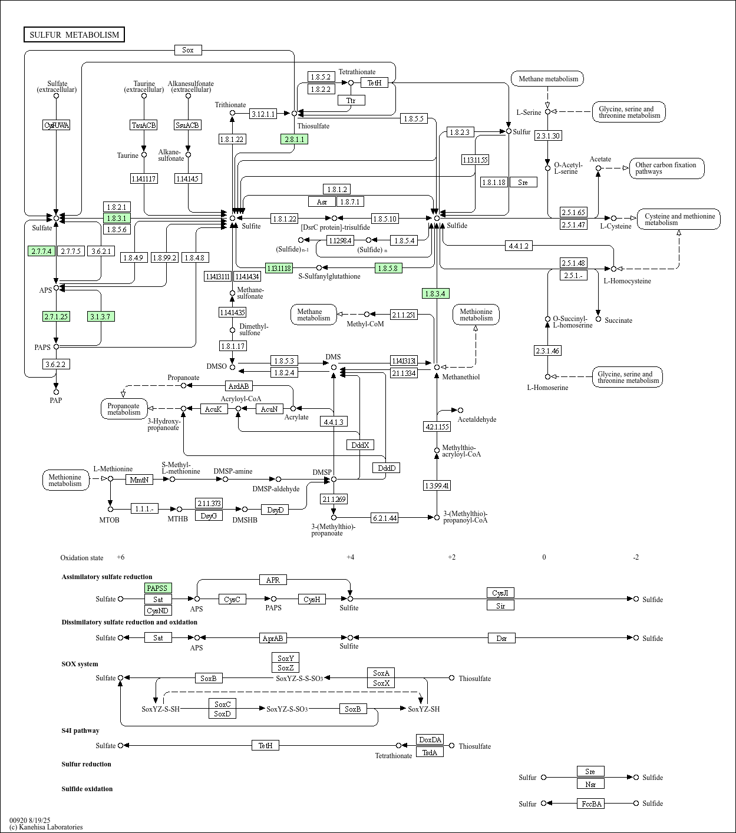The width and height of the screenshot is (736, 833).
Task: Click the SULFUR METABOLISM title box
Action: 74,35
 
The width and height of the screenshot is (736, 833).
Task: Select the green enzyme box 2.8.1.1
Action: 294,139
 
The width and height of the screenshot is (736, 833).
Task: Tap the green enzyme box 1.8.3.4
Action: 435,293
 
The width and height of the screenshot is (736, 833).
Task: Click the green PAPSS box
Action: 158,588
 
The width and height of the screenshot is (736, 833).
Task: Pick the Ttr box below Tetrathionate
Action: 351,100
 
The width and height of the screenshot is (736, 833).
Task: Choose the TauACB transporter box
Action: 144,125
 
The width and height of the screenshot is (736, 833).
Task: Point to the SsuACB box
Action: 188,125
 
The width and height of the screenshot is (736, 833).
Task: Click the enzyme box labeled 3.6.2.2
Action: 57,364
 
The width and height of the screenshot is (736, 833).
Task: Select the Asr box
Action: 322,201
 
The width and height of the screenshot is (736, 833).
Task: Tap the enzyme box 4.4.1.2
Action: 519,246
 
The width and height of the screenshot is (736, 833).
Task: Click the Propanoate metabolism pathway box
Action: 124,409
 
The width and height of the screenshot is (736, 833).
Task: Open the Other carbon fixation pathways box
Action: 666,168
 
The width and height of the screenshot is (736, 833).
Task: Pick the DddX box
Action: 360,445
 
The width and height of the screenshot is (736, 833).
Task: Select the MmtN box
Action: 140,480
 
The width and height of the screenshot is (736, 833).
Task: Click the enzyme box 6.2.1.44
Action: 384,518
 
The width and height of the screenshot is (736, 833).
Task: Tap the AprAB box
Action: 273,638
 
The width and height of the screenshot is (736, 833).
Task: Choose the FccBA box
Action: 590,804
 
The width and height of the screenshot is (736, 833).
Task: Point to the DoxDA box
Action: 430,739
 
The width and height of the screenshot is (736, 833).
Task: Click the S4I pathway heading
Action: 80,730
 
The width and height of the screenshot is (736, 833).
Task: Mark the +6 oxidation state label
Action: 120,557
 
